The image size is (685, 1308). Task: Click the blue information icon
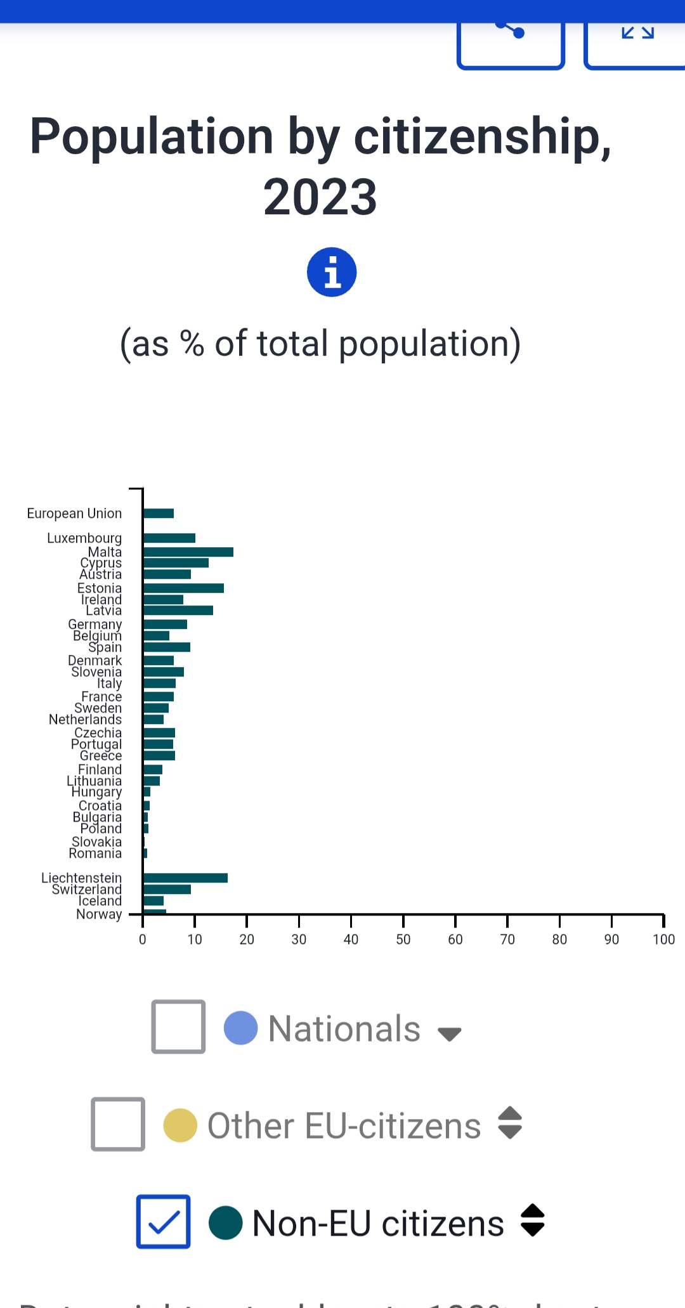point(332,272)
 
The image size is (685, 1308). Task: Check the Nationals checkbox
point(178,1026)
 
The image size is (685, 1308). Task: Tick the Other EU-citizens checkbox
point(118,1123)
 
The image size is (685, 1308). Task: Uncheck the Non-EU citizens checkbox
point(164,1221)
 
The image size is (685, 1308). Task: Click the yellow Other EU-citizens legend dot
point(180,1125)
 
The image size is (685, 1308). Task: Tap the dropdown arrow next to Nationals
point(449,1033)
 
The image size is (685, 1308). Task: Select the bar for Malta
point(188,552)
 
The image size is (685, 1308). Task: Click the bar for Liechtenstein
point(185,877)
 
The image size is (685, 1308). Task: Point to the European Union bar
point(159,513)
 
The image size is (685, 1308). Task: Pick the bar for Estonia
point(183,588)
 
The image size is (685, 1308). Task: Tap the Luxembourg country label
point(84,538)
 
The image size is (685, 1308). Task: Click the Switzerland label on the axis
point(87,890)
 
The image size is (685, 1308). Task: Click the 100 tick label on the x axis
point(663,939)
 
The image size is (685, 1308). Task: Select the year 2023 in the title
point(320,197)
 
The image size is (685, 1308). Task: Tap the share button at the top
point(511,41)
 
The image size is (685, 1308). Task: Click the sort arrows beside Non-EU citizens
point(532,1220)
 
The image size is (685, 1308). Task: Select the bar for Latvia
point(178,610)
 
